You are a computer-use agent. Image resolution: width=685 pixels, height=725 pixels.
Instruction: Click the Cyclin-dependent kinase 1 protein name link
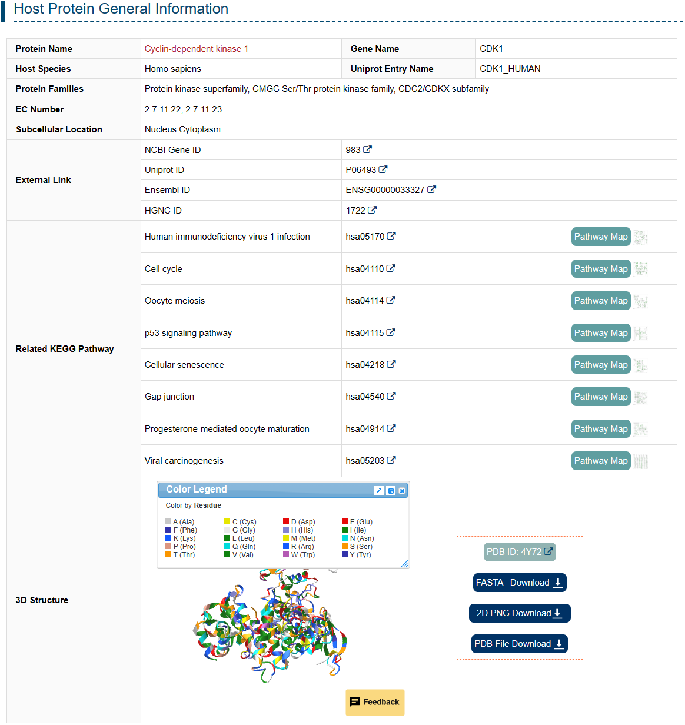[x=196, y=49]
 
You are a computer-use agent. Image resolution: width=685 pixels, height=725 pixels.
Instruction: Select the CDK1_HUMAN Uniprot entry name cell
[x=510, y=69]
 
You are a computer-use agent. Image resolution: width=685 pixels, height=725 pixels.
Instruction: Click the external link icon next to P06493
[x=383, y=169]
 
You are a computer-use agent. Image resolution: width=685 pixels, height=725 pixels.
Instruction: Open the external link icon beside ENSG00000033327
[x=431, y=189]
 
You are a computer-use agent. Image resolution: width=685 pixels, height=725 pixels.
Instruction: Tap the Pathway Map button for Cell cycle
[x=600, y=269]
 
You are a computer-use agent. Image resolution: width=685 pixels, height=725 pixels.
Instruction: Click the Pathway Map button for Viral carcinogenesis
[x=600, y=461]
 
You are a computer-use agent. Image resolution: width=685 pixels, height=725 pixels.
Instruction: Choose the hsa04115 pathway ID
[x=365, y=333]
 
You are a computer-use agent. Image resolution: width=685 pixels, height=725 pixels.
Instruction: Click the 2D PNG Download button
[x=519, y=613]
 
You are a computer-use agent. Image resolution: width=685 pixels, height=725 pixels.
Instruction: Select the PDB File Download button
[x=519, y=644]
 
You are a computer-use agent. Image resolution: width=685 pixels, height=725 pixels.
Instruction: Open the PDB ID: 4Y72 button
[x=519, y=552]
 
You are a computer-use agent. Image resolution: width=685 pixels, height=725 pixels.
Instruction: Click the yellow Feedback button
[x=375, y=702]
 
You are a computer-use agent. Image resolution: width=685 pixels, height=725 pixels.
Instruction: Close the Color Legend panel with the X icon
[x=402, y=491]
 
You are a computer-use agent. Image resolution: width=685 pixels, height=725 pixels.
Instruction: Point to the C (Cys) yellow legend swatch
[x=227, y=522]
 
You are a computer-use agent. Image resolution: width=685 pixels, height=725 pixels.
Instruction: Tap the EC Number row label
[x=39, y=109]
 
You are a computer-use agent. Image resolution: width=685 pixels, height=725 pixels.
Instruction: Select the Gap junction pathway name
[x=169, y=397]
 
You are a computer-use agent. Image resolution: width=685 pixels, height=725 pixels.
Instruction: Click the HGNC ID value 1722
[x=355, y=211]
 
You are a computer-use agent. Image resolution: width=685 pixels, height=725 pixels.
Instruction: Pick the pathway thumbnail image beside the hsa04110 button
[x=640, y=269]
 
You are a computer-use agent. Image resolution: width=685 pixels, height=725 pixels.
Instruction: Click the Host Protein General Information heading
[x=121, y=9]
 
